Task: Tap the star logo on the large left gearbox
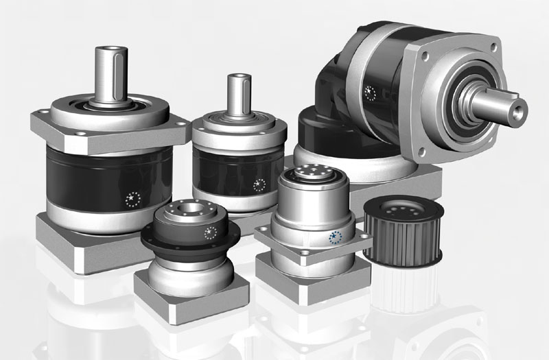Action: coord(132,199)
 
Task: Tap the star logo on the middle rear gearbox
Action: coord(259,184)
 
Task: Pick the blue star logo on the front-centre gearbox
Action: coord(335,238)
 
